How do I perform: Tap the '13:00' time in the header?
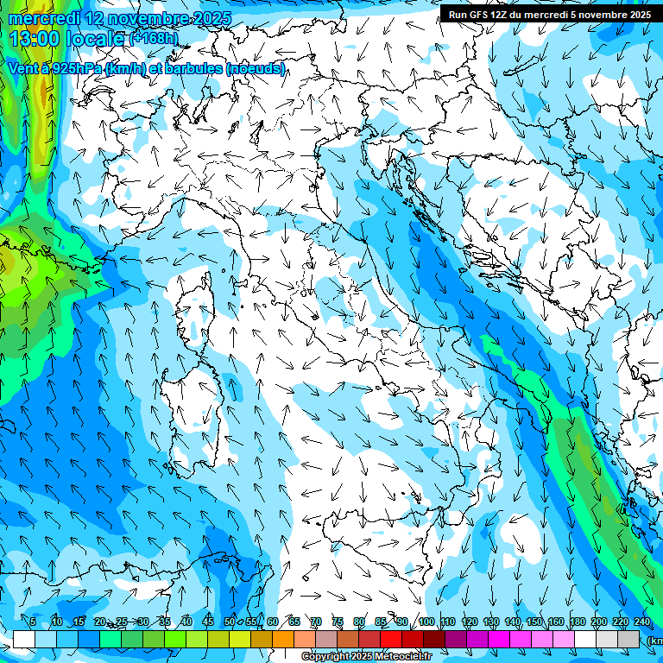(x=33, y=39)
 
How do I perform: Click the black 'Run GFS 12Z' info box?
(x=549, y=14)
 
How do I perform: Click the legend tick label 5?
(x=33, y=622)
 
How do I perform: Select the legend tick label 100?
(x=426, y=622)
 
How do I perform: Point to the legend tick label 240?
(x=641, y=622)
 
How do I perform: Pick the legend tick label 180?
(x=577, y=622)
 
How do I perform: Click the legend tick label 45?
(x=208, y=622)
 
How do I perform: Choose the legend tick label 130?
(x=490, y=622)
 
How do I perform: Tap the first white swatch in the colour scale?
(x=24, y=639)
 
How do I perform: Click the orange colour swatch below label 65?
(x=283, y=639)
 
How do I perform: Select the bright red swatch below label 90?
(x=391, y=639)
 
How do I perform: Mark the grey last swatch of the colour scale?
(x=628, y=639)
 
